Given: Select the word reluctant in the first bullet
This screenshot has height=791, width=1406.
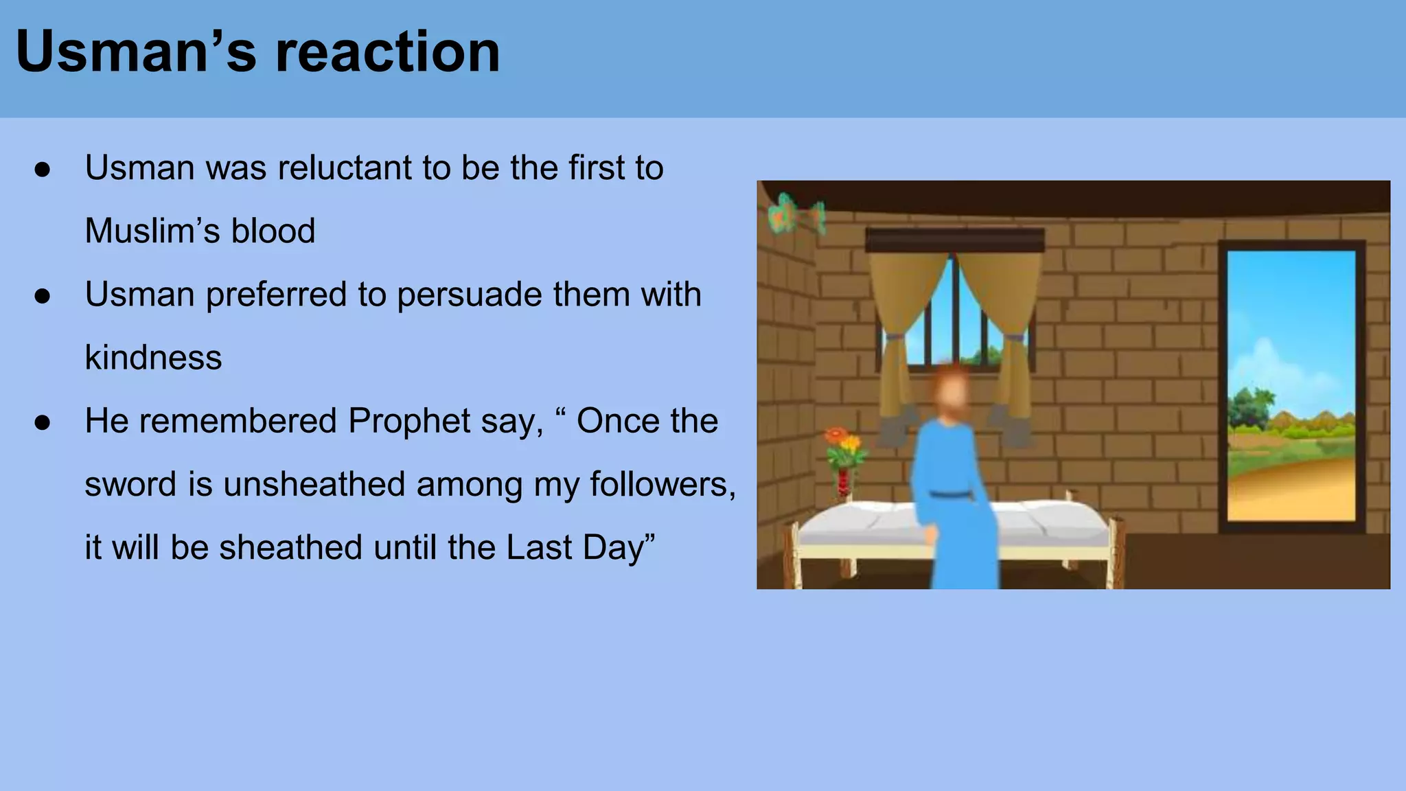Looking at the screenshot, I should coord(342,168).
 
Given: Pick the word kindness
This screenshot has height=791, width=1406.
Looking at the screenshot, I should coord(153,358).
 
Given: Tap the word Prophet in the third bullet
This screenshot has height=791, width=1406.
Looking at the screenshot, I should coord(408,421).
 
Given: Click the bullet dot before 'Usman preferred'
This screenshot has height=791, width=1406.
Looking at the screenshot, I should coord(43,296).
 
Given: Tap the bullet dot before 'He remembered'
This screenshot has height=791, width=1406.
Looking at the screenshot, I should coord(43,422).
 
